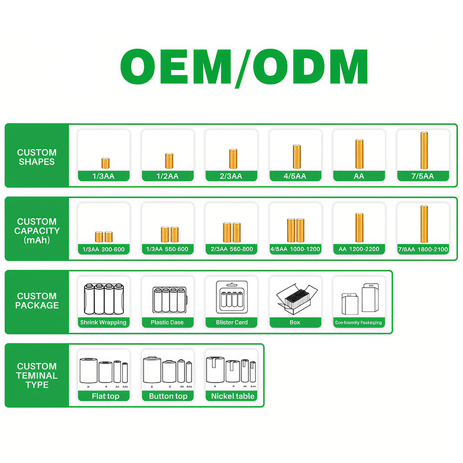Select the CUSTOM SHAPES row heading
(x=37, y=157)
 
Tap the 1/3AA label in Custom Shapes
(x=104, y=176)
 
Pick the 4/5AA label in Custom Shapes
(x=295, y=176)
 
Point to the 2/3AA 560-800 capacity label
(x=231, y=249)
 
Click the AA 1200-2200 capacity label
(x=359, y=249)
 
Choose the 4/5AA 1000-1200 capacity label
(x=295, y=249)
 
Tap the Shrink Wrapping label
(x=104, y=322)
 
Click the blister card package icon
(x=231, y=297)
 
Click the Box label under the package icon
(x=295, y=322)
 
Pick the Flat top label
(x=104, y=396)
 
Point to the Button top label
(x=168, y=396)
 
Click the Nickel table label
(x=231, y=396)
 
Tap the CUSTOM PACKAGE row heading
(x=37, y=301)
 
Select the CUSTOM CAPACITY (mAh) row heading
(x=37, y=230)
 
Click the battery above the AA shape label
(x=359, y=153)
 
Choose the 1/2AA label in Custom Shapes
(x=168, y=176)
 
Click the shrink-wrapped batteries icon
(x=104, y=298)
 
